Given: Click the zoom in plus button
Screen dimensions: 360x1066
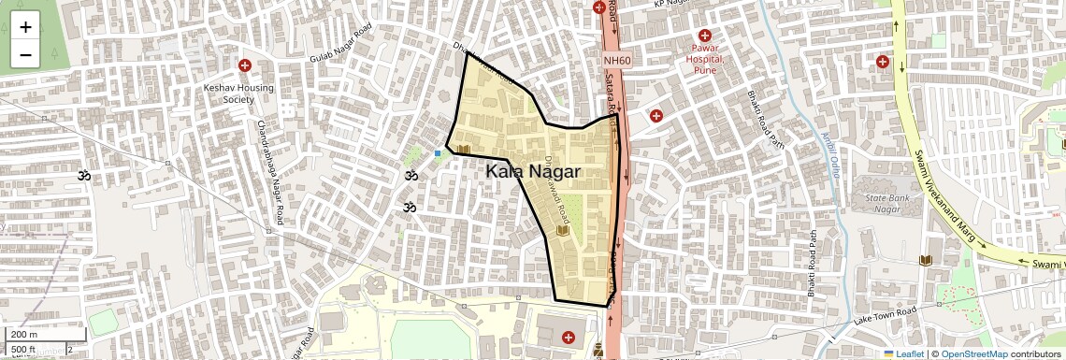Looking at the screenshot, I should [x=25, y=26].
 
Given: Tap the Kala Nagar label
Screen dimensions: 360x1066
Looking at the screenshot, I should [x=533, y=172].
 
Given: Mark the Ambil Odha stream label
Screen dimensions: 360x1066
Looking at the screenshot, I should [x=827, y=155].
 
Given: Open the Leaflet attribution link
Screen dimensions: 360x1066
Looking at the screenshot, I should [x=905, y=353].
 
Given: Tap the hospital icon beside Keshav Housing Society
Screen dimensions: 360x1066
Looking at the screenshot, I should [x=245, y=65].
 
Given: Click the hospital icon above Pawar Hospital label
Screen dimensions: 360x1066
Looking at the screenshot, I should [x=705, y=35].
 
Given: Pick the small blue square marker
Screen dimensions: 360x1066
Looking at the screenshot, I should [x=437, y=153].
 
